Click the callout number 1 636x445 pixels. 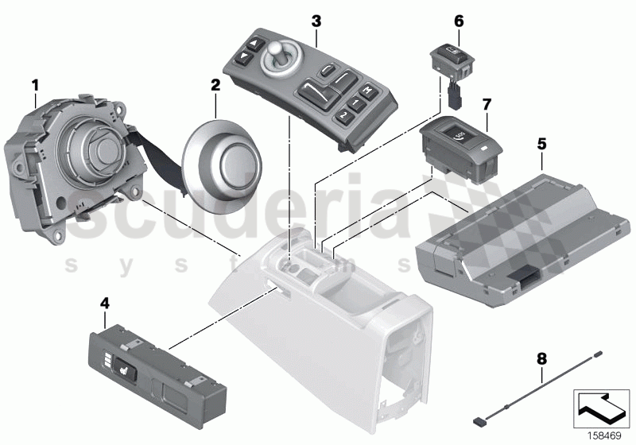[x=34, y=83]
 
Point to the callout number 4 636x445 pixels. [x=104, y=303]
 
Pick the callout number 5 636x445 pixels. [x=541, y=144]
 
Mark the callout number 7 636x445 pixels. [x=487, y=104]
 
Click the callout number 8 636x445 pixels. [x=542, y=359]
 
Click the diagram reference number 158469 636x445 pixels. [x=604, y=435]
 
